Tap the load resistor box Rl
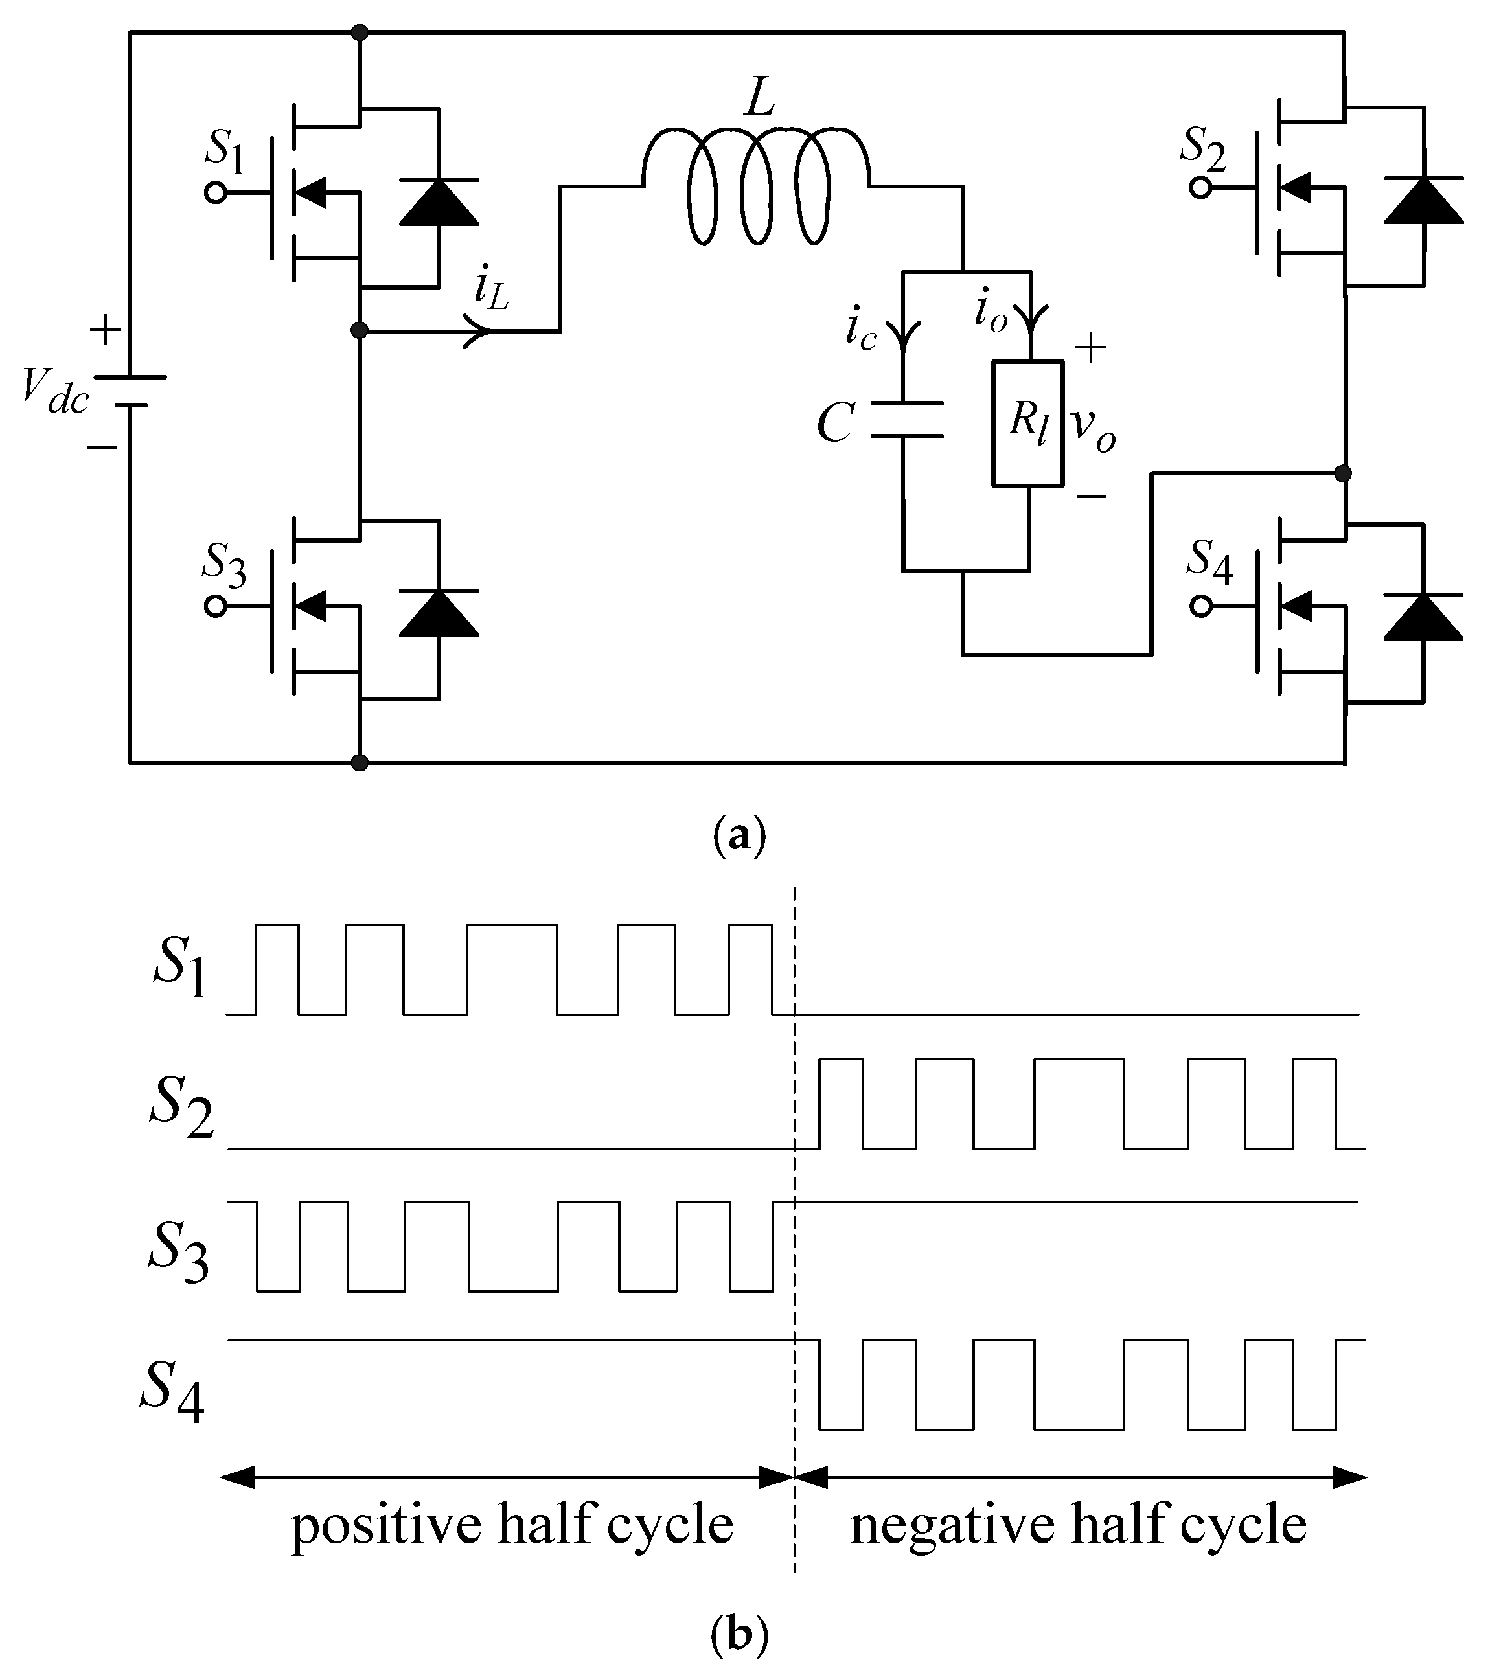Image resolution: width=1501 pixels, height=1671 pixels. (1027, 423)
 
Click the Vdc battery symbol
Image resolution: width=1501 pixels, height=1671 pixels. (130, 391)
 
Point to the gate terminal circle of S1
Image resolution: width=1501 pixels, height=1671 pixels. (215, 193)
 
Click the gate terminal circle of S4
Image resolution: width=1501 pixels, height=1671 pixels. (1201, 607)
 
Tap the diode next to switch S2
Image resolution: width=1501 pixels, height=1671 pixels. (1423, 200)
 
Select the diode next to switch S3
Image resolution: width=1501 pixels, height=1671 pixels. (438, 614)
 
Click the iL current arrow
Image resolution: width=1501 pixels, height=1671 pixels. (478, 330)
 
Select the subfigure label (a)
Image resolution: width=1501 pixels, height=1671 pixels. (738, 835)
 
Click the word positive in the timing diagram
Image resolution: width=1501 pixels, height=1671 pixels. (387, 1525)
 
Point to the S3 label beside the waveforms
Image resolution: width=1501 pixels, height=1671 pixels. (178, 1252)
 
